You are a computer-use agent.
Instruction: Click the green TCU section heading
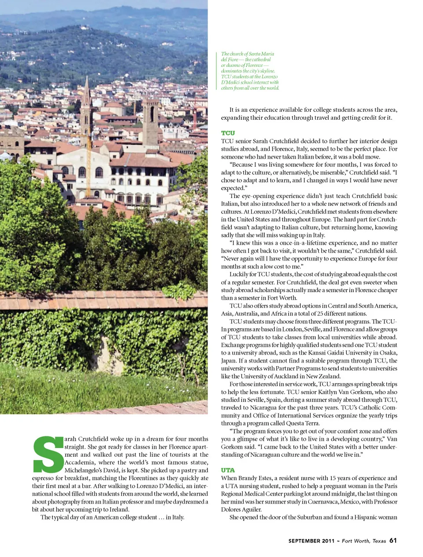coord(228,133)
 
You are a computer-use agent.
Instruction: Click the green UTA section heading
coord(228,470)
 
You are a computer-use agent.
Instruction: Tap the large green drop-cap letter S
coord(48,454)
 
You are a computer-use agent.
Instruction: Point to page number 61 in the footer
coord(393,540)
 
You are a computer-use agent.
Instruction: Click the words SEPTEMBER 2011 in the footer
coord(311,541)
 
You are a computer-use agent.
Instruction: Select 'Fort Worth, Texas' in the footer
coord(364,541)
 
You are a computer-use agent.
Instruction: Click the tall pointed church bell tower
coord(86,106)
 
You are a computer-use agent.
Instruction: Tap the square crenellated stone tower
coord(150,117)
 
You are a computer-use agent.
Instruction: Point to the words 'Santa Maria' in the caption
coord(262,54)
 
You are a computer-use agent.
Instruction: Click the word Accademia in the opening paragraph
coord(80,462)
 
